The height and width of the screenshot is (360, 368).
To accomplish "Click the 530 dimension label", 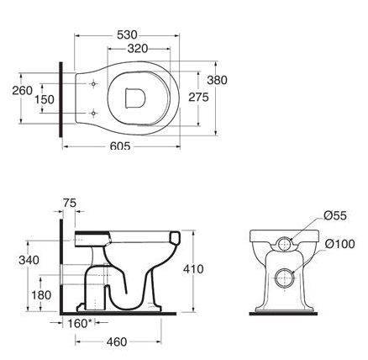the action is click(x=127, y=35).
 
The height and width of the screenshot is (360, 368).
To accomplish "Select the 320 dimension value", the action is click(x=138, y=49).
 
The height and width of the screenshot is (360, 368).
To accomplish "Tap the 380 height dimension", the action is click(x=217, y=80).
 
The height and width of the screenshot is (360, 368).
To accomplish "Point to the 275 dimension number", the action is click(x=198, y=98).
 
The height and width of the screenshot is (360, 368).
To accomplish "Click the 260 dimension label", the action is click(x=23, y=91).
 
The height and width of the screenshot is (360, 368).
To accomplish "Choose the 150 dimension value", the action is click(x=45, y=99).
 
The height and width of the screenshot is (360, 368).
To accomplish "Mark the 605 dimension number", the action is click(x=120, y=146).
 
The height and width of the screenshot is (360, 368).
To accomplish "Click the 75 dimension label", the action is click(x=70, y=203).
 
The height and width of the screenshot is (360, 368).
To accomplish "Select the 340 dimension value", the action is click(x=29, y=260).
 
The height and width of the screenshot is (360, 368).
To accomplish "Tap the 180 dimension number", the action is click(x=41, y=295).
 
